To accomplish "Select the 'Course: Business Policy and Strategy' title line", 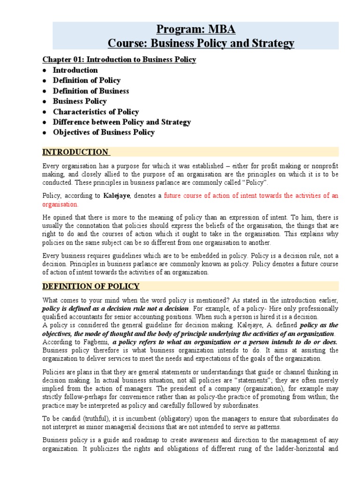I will point(201,44).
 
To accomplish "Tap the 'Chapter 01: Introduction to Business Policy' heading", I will point(119,60).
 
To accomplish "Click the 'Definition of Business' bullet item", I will point(90,91).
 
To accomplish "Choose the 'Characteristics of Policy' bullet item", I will point(96,112).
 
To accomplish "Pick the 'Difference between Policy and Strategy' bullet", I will point(122,122).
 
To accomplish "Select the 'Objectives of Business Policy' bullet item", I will point(104,132).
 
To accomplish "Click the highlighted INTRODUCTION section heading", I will point(75,152).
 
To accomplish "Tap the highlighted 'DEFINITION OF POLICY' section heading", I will point(91,286).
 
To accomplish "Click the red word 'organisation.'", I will point(60,204).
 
